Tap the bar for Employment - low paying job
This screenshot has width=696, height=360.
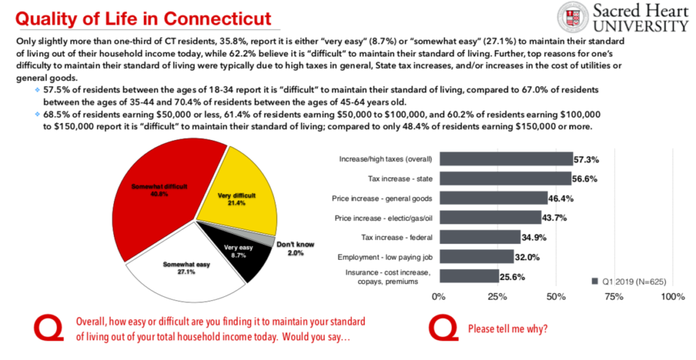[476, 257]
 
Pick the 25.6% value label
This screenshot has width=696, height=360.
[512, 276]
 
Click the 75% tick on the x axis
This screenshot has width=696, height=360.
[614, 297]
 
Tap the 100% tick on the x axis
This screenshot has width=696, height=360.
[672, 297]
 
